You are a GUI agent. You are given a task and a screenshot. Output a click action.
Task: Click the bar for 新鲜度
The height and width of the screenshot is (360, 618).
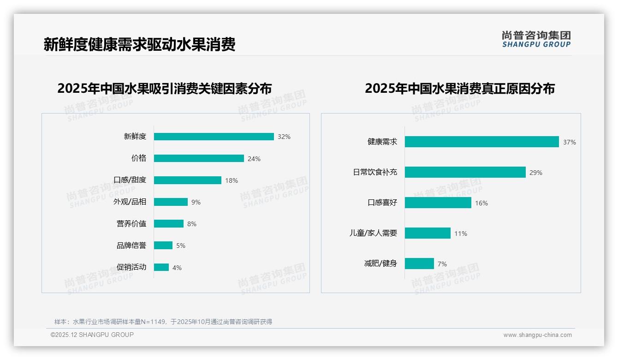pyautogui.click(x=214, y=137)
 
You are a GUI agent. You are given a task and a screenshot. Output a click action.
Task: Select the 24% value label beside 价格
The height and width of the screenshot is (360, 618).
pyautogui.click(x=254, y=159)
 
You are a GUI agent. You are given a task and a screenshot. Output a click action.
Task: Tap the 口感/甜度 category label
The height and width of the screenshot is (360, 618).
pyautogui.click(x=130, y=180)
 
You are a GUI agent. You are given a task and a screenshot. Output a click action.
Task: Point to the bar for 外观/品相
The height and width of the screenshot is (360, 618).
pyautogui.click(x=171, y=202)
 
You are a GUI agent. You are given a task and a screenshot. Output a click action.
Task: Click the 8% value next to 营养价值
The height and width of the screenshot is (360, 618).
pyautogui.click(x=192, y=224)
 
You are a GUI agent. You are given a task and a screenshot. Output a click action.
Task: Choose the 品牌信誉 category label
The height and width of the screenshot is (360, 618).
pyautogui.click(x=131, y=246)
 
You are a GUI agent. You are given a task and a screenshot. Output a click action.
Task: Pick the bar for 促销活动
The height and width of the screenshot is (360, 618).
pyautogui.click(x=161, y=267)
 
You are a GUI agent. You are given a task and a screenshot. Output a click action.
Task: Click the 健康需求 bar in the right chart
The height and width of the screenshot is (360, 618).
pyautogui.click(x=482, y=142)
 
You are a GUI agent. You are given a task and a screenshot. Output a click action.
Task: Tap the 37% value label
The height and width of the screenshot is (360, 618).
pyautogui.click(x=570, y=142)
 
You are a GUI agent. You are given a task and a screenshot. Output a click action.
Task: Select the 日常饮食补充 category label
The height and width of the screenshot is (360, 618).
pyautogui.click(x=375, y=172)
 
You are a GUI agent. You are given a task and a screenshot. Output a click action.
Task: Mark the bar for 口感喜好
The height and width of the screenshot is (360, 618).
pyautogui.click(x=438, y=203)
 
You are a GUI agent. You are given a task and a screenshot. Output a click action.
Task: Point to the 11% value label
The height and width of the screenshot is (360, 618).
pyautogui.click(x=461, y=234)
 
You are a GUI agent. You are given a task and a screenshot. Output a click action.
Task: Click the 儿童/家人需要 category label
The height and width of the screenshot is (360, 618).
pyautogui.click(x=373, y=233)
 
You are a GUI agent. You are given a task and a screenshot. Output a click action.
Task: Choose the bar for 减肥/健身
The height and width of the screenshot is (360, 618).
pyautogui.click(x=419, y=264)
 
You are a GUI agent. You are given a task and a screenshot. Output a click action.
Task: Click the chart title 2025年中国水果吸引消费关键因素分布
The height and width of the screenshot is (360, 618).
pyautogui.click(x=165, y=88)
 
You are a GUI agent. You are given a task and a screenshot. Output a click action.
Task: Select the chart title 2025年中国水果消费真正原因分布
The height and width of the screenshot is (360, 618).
pyautogui.click(x=460, y=88)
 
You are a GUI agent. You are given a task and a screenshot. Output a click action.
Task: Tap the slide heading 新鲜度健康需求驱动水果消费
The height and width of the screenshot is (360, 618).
pyautogui.click(x=140, y=44)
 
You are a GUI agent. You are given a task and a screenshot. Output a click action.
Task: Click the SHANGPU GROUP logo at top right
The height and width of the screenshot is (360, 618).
pyautogui.click(x=536, y=39)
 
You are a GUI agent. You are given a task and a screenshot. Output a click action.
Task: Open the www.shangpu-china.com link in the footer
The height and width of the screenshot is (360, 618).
pyautogui.click(x=537, y=335)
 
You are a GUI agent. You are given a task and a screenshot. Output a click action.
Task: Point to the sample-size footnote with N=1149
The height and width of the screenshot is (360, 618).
pyautogui.click(x=163, y=322)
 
